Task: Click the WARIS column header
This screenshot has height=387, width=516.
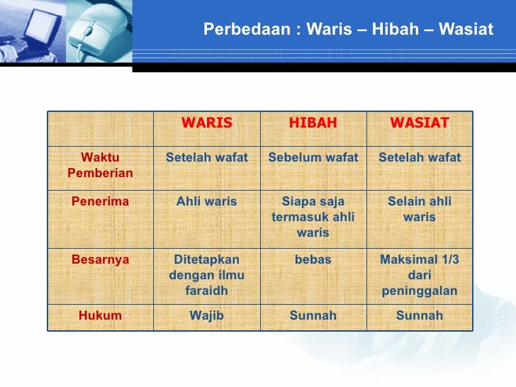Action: pos(206,123)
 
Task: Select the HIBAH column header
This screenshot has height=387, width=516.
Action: pos(313,123)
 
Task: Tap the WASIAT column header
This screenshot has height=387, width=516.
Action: pos(419,123)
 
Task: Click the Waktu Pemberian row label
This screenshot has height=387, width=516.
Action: pos(100,165)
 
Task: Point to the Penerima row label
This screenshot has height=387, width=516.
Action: pos(100,201)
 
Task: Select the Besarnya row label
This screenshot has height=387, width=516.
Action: pos(100,259)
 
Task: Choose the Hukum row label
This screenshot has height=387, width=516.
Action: pos(100,315)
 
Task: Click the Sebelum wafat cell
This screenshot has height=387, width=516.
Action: pos(313,157)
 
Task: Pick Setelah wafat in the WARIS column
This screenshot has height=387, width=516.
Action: pos(206,157)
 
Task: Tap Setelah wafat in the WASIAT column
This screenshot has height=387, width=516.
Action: pos(419,157)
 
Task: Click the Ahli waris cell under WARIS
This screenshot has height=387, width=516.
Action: pos(206,201)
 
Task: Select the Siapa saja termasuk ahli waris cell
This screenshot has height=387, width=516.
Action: pos(313,216)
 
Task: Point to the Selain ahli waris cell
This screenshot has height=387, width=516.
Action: pos(419,209)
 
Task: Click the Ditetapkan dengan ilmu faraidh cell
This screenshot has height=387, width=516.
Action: pos(206,274)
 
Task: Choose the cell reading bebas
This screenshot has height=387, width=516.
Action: pos(313,259)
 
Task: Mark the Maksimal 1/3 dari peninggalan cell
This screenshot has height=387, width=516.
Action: pos(419,274)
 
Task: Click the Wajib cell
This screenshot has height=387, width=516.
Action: pos(206,315)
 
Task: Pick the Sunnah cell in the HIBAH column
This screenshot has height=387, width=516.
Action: pos(313,315)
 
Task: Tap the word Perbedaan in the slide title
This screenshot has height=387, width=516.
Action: pos(245,30)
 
